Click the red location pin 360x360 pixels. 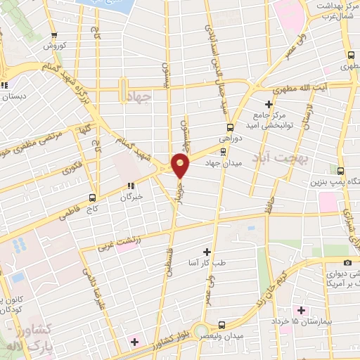(x=181, y=165)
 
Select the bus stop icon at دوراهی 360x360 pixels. (x=229, y=128)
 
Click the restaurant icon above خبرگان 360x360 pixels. (x=130, y=186)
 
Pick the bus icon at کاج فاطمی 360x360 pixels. (x=93, y=198)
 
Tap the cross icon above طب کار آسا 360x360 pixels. (x=206, y=251)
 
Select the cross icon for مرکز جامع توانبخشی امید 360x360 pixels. (x=269, y=104)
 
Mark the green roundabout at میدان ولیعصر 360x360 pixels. (x=204, y=330)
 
